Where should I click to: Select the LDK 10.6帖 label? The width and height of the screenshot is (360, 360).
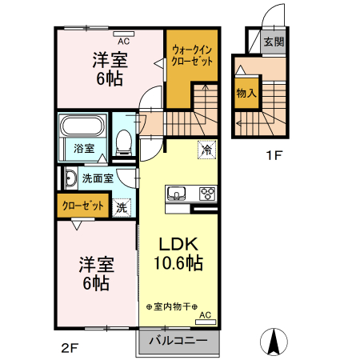(178, 253)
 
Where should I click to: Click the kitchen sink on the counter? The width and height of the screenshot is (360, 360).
(177, 193)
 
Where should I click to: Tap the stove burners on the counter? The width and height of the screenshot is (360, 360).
(207, 193)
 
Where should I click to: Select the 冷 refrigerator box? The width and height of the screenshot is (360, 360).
(206, 150)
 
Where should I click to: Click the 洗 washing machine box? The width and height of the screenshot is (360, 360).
(122, 206)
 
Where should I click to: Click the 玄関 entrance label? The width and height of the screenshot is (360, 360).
(273, 42)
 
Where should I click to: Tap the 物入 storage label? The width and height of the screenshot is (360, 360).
(246, 94)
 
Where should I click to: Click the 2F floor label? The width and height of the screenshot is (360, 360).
(71, 347)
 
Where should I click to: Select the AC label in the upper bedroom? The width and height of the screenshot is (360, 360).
(124, 39)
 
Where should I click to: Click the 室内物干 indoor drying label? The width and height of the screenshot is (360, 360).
(172, 306)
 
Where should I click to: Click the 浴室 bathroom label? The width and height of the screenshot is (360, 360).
(84, 148)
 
